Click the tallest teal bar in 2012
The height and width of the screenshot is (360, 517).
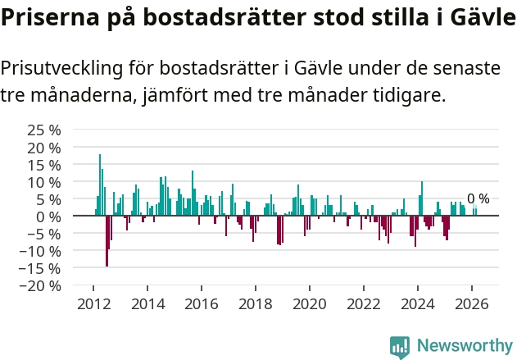[x=100, y=185]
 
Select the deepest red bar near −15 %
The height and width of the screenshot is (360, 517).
[x=107, y=241]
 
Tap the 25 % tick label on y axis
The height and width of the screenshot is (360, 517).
[x=44, y=130]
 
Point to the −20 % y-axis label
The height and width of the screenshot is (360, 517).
[x=40, y=285]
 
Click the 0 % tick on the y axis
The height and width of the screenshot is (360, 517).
[x=49, y=217]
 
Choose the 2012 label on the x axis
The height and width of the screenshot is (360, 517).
[x=94, y=304]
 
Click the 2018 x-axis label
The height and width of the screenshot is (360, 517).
[x=256, y=304]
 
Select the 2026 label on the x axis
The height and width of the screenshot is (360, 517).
[x=472, y=304]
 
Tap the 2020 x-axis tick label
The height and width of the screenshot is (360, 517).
[x=310, y=304]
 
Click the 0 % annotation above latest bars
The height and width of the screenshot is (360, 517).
[x=478, y=198]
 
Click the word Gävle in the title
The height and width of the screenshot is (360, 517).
[x=483, y=17]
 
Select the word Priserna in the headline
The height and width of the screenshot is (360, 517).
[x=50, y=17]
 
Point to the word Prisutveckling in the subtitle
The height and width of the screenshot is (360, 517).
[x=61, y=69]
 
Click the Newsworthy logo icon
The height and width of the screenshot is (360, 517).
[x=400, y=347]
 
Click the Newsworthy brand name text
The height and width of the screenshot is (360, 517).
[x=465, y=345]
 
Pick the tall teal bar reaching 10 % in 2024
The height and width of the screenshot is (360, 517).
[x=422, y=198]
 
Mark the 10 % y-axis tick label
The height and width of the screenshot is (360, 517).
[x=44, y=183]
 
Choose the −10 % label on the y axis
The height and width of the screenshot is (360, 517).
[x=40, y=252]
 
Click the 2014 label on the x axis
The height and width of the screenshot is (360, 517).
[x=148, y=304]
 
